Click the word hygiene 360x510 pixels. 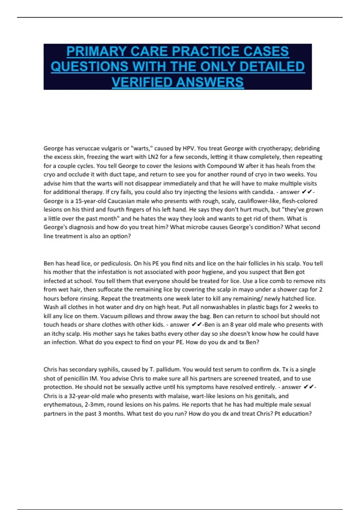pyautogui.click(x=212, y=272)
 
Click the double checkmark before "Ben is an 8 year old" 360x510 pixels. pyautogui.click(x=196, y=325)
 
